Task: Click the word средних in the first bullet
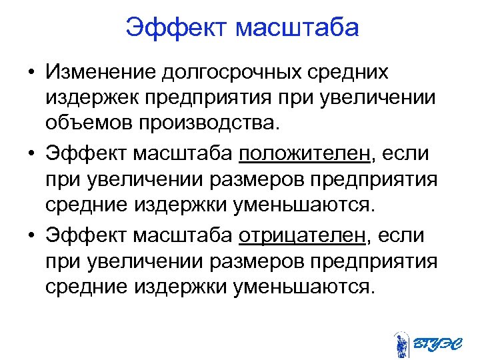pyautogui.click(x=350, y=71)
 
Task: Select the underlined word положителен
pyautogui.click(x=304, y=153)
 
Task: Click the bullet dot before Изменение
pyautogui.click(x=32, y=72)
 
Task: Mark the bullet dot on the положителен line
pyautogui.click(x=32, y=154)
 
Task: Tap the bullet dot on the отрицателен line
pyautogui.click(x=32, y=236)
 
